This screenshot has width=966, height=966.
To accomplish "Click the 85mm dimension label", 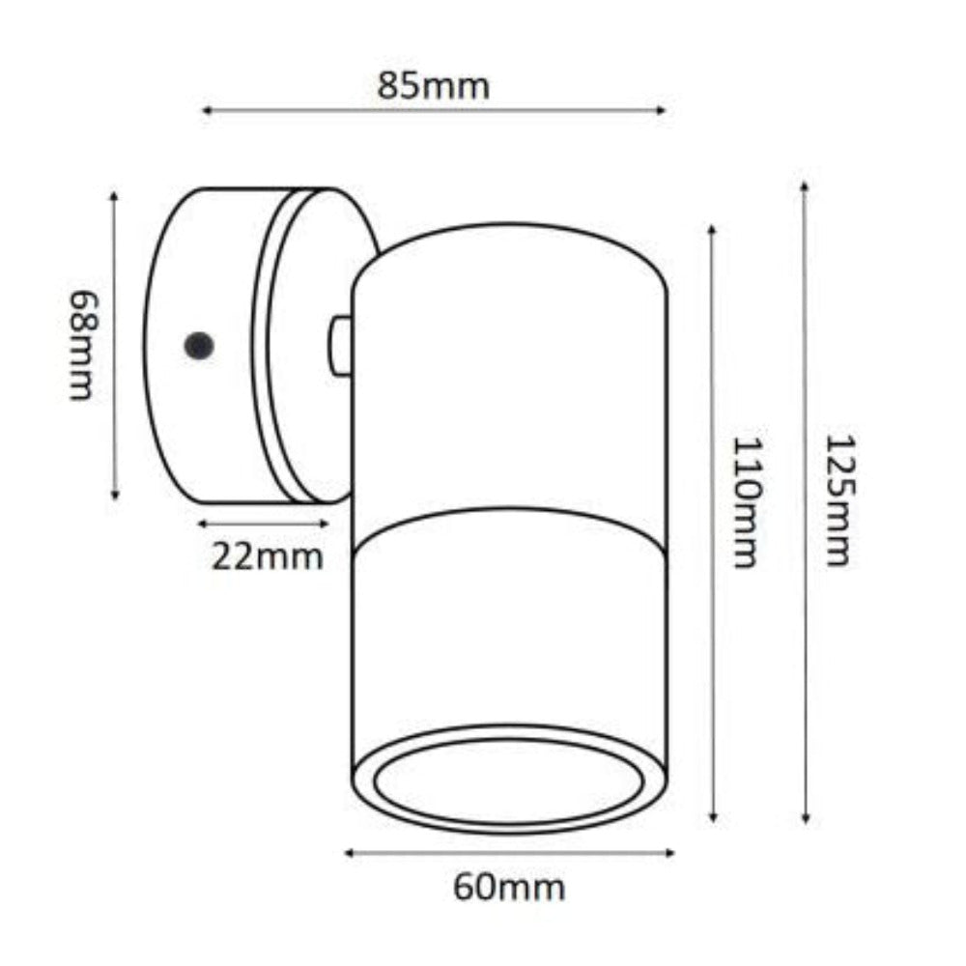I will click(434, 86).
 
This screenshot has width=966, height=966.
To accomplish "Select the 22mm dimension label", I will click(268, 556).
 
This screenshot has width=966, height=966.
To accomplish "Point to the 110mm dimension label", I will click(745, 501).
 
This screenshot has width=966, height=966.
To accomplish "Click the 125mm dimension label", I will click(838, 499).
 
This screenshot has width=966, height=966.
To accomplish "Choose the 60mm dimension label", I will click(509, 885).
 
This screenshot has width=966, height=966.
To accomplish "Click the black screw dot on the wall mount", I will click(200, 344).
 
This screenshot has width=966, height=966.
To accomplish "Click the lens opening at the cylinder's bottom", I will click(509, 781).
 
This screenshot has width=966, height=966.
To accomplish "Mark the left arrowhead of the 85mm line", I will click(206, 112).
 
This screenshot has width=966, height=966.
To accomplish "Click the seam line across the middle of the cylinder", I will click(509, 534).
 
